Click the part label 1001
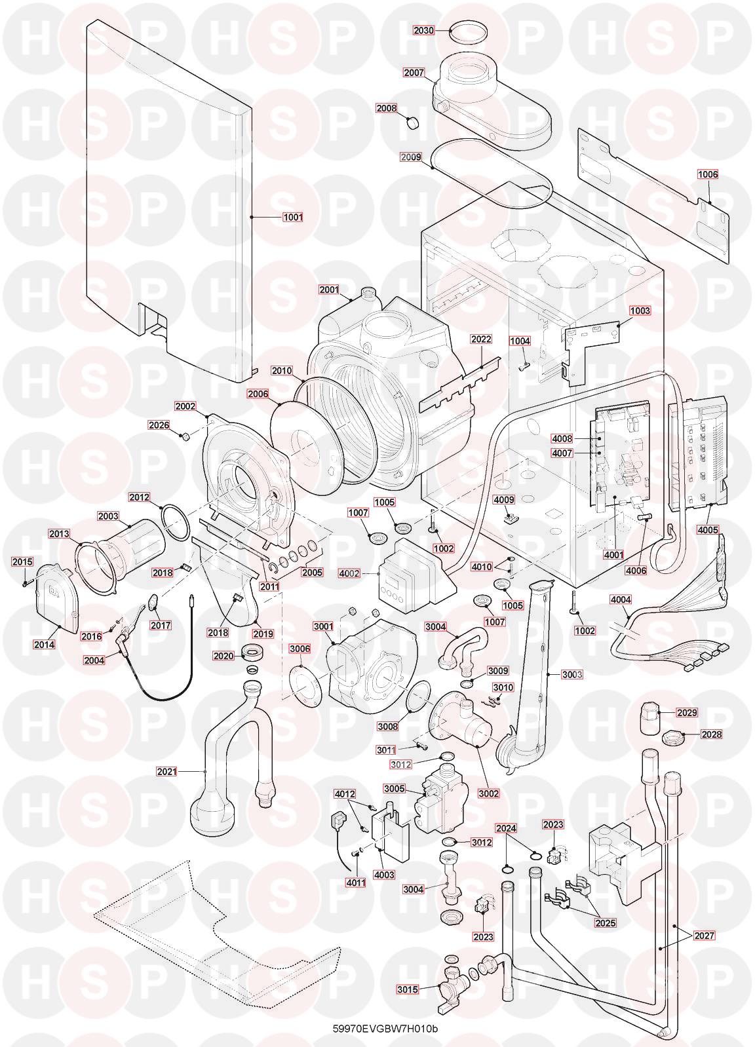click(x=293, y=218)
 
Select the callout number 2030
click(x=423, y=30)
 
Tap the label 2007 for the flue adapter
click(x=414, y=73)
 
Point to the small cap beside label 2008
click(x=412, y=123)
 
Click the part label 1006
click(x=707, y=174)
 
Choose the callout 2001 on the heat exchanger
click(x=328, y=290)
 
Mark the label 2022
click(x=481, y=339)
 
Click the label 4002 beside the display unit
click(x=349, y=573)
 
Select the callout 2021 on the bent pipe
click(x=167, y=772)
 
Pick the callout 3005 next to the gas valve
click(x=394, y=788)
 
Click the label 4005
click(x=707, y=530)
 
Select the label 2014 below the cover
click(x=44, y=645)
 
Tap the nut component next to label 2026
click(x=185, y=437)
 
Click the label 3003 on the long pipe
click(x=572, y=674)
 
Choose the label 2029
click(x=687, y=713)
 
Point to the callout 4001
click(x=614, y=555)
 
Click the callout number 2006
click(x=258, y=394)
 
